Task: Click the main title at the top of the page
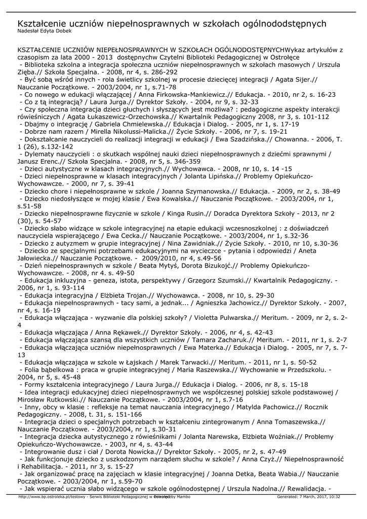coord(172,24)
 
